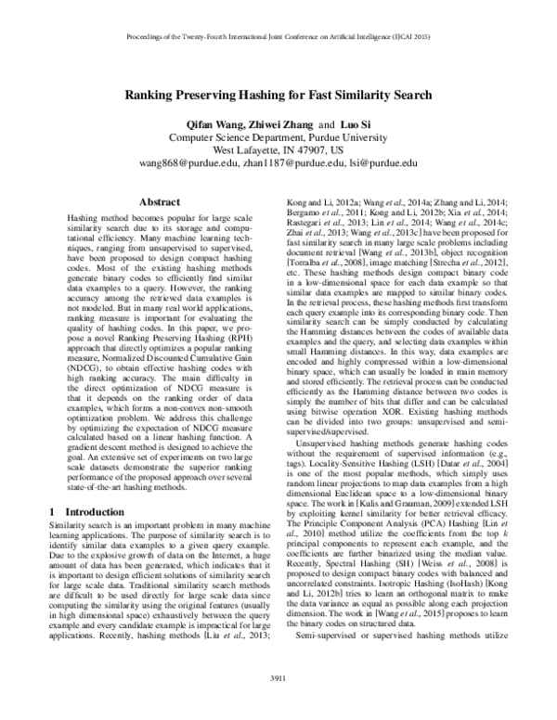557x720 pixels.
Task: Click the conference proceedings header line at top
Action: pos(278,41)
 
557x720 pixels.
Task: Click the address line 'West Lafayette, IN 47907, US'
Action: pos(278,148)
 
